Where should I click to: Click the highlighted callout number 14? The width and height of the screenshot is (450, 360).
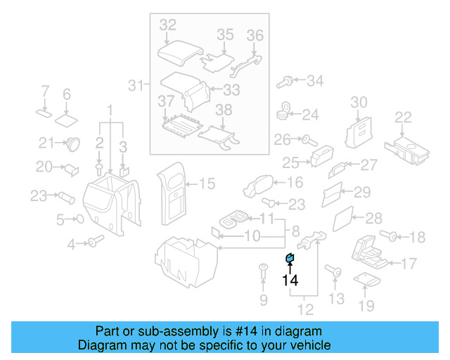(290, 281)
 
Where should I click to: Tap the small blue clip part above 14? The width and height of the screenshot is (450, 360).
(288, 260)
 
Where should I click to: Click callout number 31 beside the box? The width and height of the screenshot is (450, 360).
(135, 86)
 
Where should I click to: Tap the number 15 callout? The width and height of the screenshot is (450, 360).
(207, 184)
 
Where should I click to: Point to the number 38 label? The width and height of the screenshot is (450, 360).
(223, 110)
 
